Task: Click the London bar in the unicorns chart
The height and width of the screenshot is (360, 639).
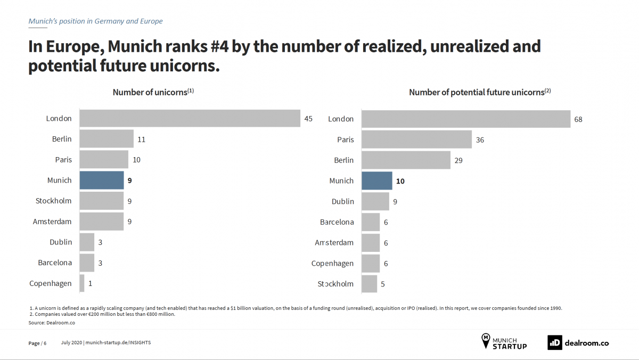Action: (x=190, y=118)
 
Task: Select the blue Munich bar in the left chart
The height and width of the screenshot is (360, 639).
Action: (x=102, y=181)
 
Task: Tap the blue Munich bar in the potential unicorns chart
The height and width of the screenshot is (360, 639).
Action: (x=377, y=181)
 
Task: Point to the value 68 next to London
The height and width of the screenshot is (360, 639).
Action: (x=578, y=119)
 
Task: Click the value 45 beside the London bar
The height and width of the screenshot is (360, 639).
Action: (x=308, y=119)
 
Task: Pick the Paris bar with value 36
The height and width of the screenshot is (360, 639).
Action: (x=416, y=140)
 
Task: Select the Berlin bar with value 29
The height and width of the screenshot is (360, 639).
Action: (x=406, y=160)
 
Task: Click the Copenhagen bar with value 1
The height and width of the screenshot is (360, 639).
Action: (x=82, y=283)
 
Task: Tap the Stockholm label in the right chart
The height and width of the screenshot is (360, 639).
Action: (x=335, y=284)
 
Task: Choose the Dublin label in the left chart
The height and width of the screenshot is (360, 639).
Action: (x=61, y=242)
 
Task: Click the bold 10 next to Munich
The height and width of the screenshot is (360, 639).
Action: (x=400, y=181)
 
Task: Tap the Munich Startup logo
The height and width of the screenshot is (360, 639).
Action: (x=504, y=341)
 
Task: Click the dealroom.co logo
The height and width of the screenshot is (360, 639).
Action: (x=578, y=343)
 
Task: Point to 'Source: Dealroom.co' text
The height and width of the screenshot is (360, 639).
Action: (x=44, y=323)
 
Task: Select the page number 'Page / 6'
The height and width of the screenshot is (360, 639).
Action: (x=37, y=343)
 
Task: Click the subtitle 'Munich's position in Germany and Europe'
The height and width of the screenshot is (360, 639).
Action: (x=95, y=21)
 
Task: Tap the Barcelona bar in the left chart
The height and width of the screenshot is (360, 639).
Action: (x=87, y=263)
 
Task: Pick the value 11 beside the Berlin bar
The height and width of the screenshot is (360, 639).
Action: (x=141, y=140)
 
